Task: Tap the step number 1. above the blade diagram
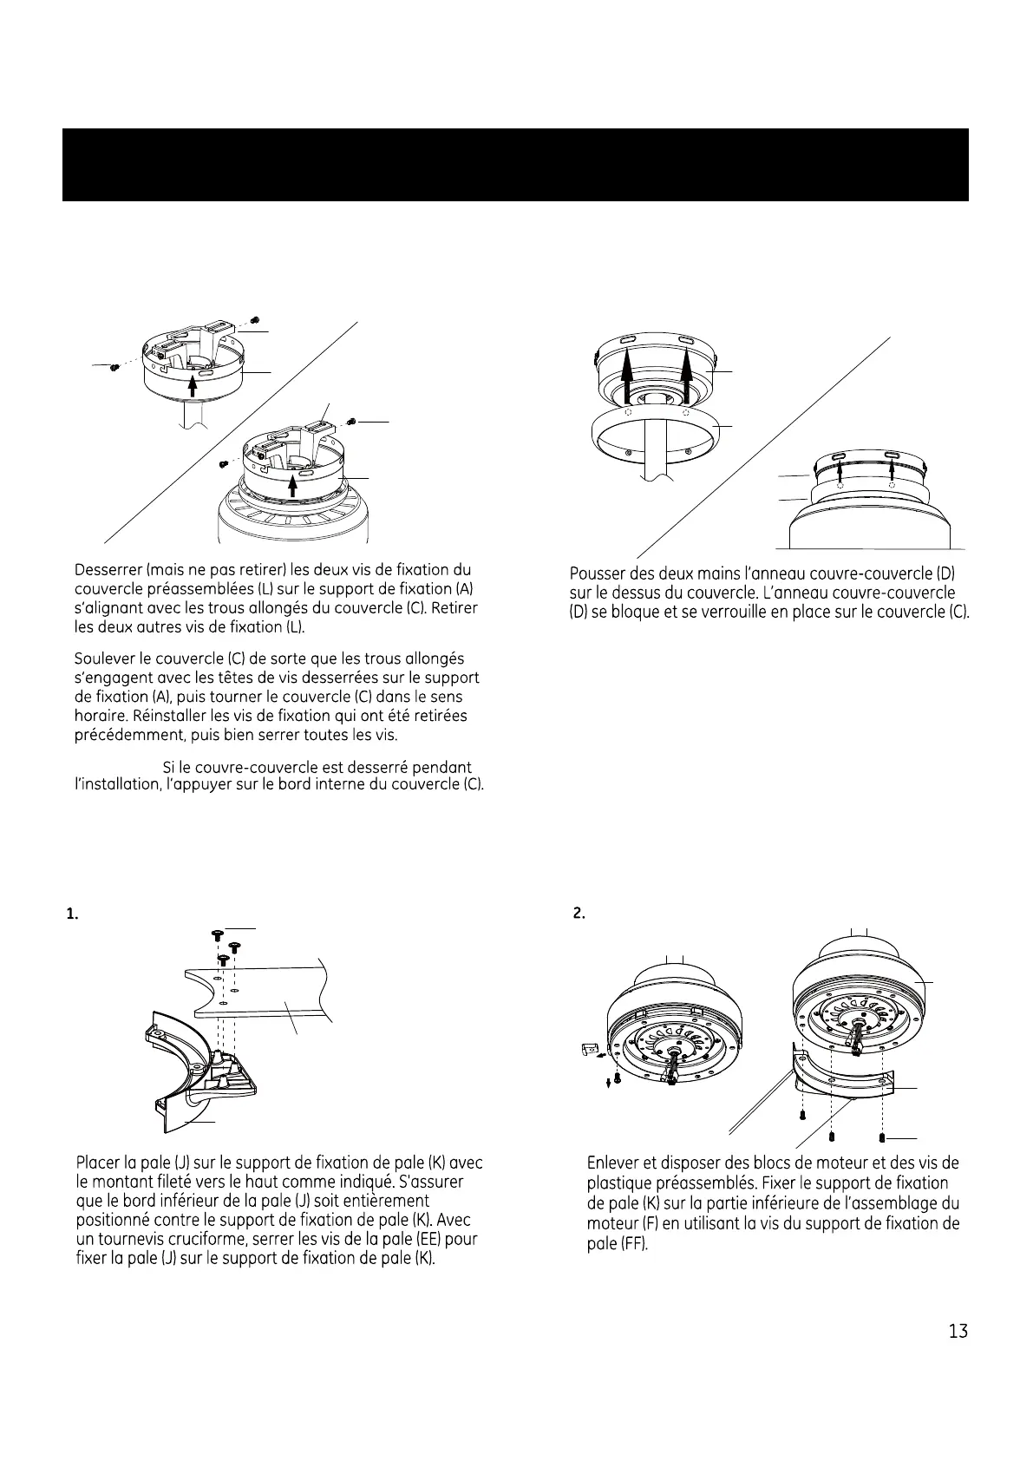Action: click(x=73, y=914)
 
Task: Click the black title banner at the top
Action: click(x=515, y=165)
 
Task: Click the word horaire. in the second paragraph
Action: click(x=103, y=716)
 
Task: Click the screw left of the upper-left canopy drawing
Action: click(x=114, y=368)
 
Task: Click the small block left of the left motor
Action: click(x=587, y=1051)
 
